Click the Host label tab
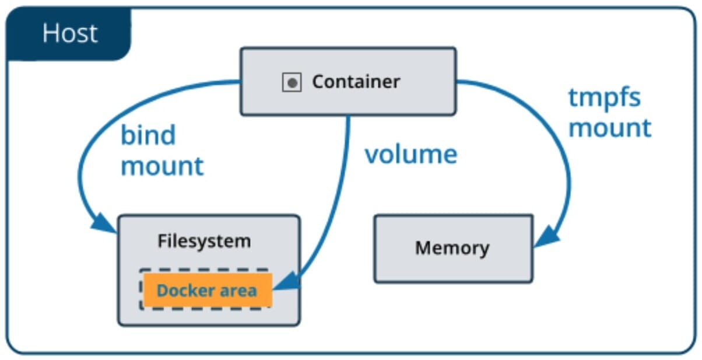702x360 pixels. tap(68, 34)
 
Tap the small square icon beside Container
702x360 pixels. tap(292, 83)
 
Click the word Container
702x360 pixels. tap(356, 82)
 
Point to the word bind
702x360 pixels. tap(148, 136)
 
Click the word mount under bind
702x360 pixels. tap(162, 166)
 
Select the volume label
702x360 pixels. tap(411, 155)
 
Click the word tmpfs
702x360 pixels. tap(605, 97)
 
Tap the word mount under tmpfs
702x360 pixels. tap(610, 128)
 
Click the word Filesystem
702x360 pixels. tap(204, 241)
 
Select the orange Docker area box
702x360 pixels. tap(207, 290)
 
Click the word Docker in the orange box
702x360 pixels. tap(182, 290)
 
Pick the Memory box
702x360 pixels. tap(453, 249)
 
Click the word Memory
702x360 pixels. tap(452, 249)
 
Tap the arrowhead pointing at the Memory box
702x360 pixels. tap(546, 237)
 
